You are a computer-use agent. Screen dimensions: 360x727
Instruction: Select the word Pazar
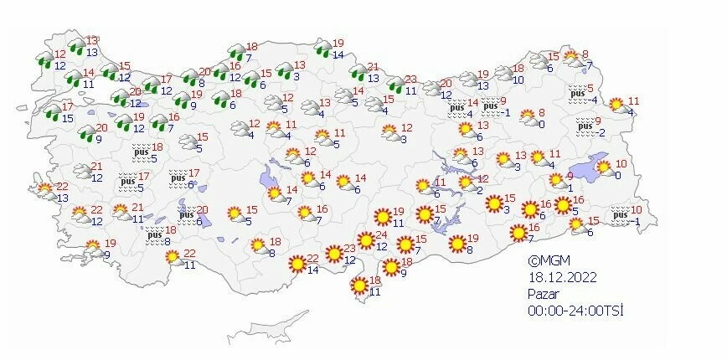pyautogui.click(x=543, y=294)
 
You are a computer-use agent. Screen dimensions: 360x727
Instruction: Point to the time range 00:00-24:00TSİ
pyautogui.click(x=575, y=311)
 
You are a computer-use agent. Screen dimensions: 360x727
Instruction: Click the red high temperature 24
pyautogui.click(x=381, y=237)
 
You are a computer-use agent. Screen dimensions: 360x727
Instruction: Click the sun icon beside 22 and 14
pyautogui.click(x=296, y=265)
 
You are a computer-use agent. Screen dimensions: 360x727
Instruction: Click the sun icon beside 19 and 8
pyautogui.click(x=457, y=244)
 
